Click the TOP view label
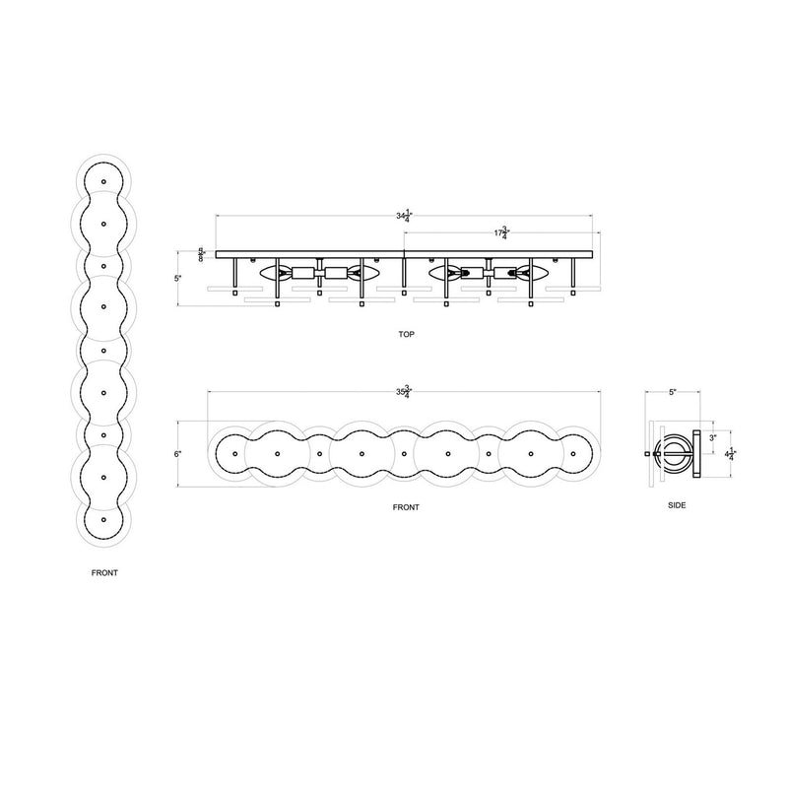(408, 334)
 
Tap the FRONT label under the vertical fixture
(104, 572)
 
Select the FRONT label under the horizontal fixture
(406, 507)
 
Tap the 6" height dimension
(177, 454)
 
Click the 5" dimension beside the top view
(177, 279)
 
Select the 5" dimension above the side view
(673, 392)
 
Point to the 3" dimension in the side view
(712, 436)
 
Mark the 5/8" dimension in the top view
(202, 255)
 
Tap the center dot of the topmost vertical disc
(103, 184)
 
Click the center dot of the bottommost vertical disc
(103, 518)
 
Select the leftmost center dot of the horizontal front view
(235, 454)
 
